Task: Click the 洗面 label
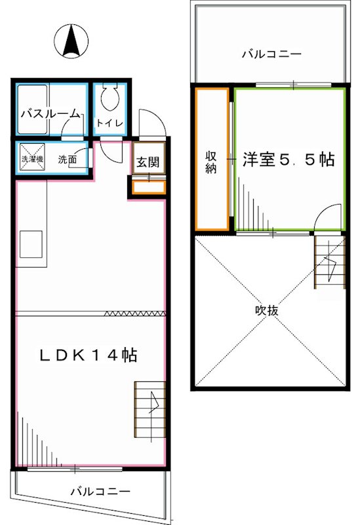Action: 66,159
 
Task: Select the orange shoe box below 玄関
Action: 149,187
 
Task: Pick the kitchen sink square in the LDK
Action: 31,243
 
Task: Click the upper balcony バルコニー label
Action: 271,54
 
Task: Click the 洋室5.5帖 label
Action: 289,159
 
